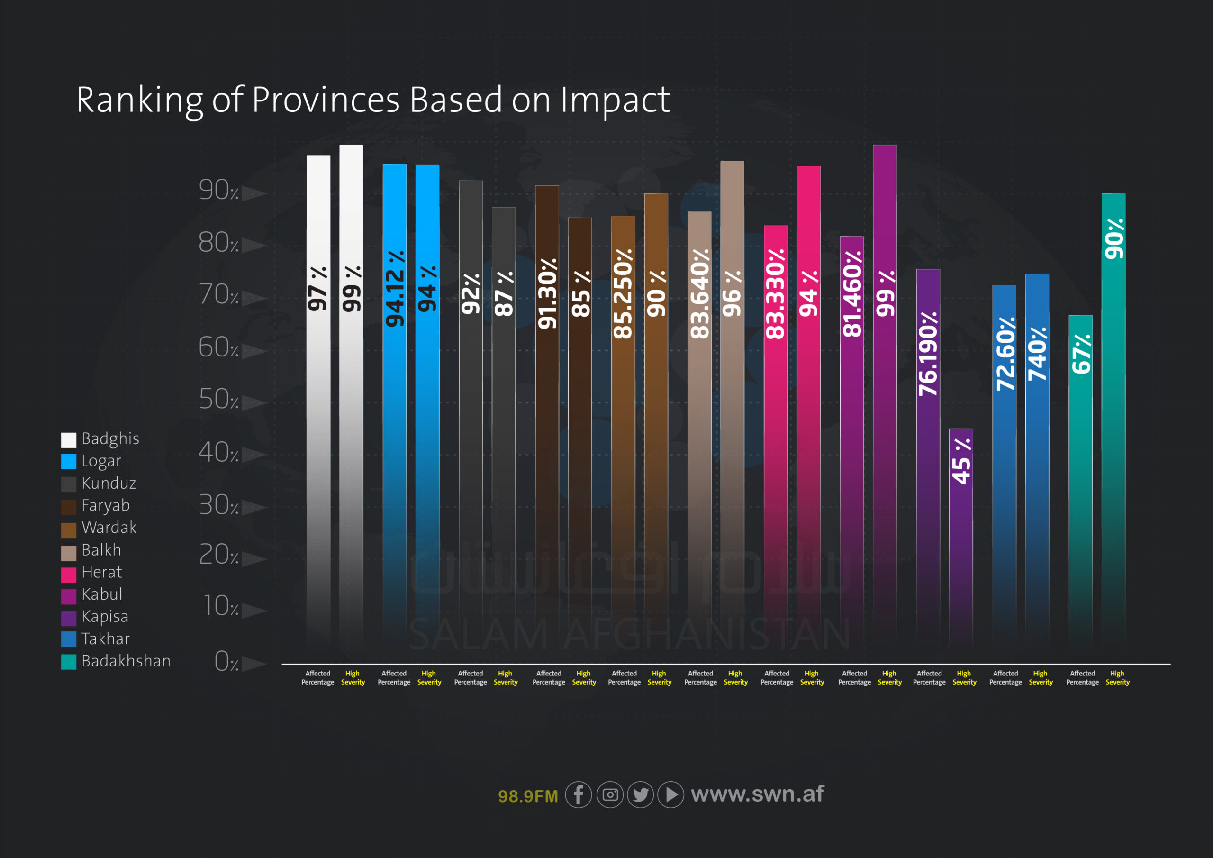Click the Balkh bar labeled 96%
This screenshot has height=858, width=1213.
click(x=732, y=402)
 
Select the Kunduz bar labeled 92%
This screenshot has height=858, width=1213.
click(x=470, y=412)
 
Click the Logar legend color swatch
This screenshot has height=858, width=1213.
click(x=69, y=462)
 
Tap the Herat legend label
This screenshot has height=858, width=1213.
click(x=101, y=572)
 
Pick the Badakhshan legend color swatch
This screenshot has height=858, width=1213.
click(x=69, y=662)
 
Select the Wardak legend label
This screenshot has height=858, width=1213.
click(x=109, y=528)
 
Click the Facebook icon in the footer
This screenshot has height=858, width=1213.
click(x=578, y=794)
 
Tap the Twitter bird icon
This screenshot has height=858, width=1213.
click(x=640, y=794)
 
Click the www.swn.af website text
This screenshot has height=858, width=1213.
click(x=757, y=794)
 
